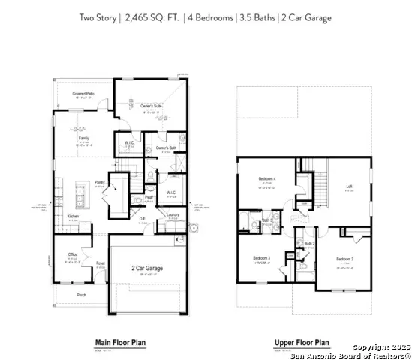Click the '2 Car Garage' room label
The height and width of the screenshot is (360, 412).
(148, 268)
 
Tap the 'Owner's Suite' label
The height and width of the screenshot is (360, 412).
(152, 106)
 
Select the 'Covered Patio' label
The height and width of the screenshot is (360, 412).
(83, 94)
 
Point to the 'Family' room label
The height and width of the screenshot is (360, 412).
(83, 139)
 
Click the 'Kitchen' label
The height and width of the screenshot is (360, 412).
(74, 216)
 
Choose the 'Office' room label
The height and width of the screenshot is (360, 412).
(73, 255)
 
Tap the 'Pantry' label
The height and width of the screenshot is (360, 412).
(99, 181)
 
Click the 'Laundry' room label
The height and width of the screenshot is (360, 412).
(172, 214)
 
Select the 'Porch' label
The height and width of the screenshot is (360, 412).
(81, 295)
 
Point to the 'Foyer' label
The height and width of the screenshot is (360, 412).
(101, 262)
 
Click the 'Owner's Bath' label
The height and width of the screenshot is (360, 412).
(166, 148)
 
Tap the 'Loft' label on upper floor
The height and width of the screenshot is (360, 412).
(349, 186)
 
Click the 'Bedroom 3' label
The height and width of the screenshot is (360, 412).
(264, 257)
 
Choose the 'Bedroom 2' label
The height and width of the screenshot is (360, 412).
(344, 259)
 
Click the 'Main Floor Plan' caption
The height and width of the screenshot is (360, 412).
(120, 343)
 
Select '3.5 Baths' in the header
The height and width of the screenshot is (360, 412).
(263, 16)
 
